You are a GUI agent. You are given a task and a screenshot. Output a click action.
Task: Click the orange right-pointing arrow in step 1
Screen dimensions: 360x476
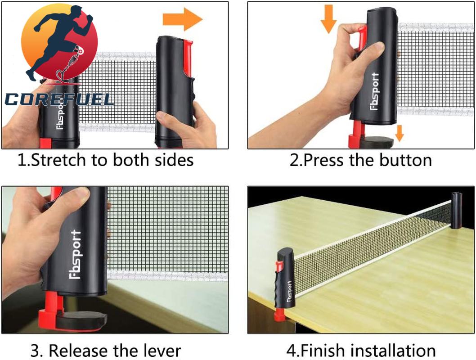pyautogui.click(x=182, y=19)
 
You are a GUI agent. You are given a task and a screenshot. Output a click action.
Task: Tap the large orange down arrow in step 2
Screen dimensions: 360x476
pyautogui.click(x=329, y=18)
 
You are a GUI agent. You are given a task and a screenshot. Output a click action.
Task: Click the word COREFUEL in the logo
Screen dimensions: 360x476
pyautogui.click(x=59, y=99)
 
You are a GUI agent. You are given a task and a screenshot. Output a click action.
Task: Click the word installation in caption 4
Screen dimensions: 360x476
pyautogui.click(x=391, y=351)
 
